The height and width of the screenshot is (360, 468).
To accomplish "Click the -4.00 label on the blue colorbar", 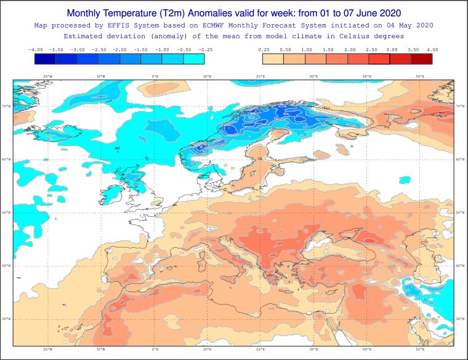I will click(x=35, y=49).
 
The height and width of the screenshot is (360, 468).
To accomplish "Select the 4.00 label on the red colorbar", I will click(x=432, y=49).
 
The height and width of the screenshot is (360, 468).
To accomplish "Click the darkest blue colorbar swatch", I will click(x=46, y=59).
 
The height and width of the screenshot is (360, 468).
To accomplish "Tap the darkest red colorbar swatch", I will click(x=421, y=59).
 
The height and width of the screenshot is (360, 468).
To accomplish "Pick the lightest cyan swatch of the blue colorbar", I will click(x=193, y=59).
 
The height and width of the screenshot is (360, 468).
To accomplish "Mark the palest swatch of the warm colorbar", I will click(x=273, y=59).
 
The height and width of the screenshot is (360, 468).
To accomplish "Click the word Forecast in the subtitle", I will click(x=273, y=25).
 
